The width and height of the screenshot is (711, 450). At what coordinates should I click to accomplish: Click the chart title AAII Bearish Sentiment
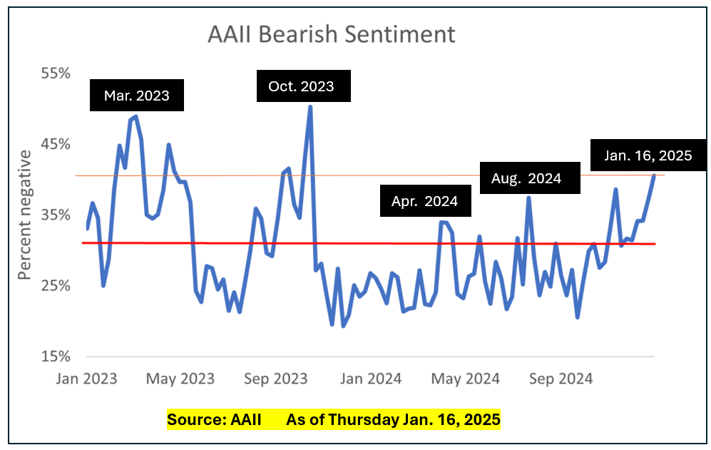pos(331,34)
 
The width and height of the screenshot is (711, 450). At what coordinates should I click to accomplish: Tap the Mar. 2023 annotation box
pos(137,95)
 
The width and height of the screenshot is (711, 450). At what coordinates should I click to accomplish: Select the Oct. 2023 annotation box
pos(301,86)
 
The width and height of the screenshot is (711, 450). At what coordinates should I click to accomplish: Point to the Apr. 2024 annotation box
pos(424,200)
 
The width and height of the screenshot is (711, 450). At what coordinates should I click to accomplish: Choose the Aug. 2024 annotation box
pos(526,178)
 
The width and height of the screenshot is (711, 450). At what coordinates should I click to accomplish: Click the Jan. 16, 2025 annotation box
pos(648,155)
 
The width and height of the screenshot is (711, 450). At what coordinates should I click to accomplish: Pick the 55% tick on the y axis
pos(55,73)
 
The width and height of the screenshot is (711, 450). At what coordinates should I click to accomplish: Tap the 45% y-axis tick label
pos(55,144)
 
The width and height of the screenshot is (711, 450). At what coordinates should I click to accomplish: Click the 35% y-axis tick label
pos(55,215)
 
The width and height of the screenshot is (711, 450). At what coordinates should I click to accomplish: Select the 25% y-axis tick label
pos(55,285)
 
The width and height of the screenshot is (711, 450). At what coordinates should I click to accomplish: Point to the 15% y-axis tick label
pos(55,356)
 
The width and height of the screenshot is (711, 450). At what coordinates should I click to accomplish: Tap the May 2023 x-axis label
pos(180,379)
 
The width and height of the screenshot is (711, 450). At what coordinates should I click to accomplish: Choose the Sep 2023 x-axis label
pos(275,379)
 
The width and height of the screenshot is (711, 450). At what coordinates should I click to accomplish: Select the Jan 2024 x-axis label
pos(369,379)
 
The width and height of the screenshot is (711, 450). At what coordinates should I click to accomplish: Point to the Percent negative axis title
pos(25,215)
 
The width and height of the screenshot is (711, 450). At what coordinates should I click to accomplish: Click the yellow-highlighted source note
pos(334,419)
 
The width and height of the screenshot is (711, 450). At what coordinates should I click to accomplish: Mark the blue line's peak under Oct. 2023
pos(310,107)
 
